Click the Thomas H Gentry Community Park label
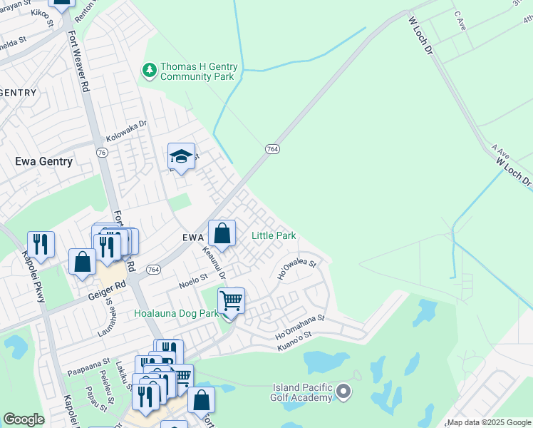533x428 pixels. pos(197,71)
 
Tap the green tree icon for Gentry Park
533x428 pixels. pos(150,69)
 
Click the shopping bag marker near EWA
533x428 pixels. pos(222,233)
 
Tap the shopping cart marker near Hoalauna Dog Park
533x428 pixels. pos(231,302)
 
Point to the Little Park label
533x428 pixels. pos(274,236)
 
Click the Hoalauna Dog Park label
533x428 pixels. pos(176,313)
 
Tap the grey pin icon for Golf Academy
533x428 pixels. pos(344,390)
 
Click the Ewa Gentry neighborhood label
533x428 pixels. pos(44,162)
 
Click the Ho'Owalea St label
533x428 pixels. pos(296,269)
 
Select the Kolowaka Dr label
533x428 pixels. pos(126,129)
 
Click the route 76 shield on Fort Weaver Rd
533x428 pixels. pos(102,152)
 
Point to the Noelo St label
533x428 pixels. pos(192,280)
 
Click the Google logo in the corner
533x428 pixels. pos(24,419)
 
